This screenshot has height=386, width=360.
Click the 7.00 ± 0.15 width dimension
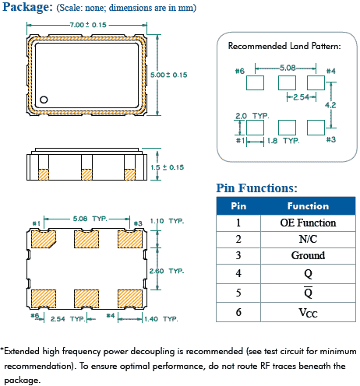point(88,25)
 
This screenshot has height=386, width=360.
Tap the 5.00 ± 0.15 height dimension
point(169,75)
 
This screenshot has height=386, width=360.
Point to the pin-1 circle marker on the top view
point(44,100)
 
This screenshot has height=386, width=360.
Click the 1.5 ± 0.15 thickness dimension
point(168,167)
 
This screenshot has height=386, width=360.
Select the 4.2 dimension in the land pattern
point(330,105)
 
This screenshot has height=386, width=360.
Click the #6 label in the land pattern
point(240,71)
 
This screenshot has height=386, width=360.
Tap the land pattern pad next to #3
point(316,128)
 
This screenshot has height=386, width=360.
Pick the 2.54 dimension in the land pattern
point(302,97)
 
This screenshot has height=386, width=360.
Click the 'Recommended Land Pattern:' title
point(284,46)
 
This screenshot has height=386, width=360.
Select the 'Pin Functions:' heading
point(256,188)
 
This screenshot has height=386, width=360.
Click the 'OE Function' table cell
point(308,223)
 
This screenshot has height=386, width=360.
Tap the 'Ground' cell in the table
point(308,255)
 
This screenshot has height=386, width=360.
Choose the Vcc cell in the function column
point(308,312)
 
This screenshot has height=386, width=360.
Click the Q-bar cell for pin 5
point(308,293)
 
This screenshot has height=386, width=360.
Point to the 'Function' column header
point(308,206)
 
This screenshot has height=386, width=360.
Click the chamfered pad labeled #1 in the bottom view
point(44,239)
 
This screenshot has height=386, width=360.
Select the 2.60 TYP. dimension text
point(167,271)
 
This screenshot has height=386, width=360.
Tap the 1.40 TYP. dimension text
point(161,319)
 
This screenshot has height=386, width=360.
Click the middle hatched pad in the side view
point(86,174)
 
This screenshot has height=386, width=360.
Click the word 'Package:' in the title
point(27,7)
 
